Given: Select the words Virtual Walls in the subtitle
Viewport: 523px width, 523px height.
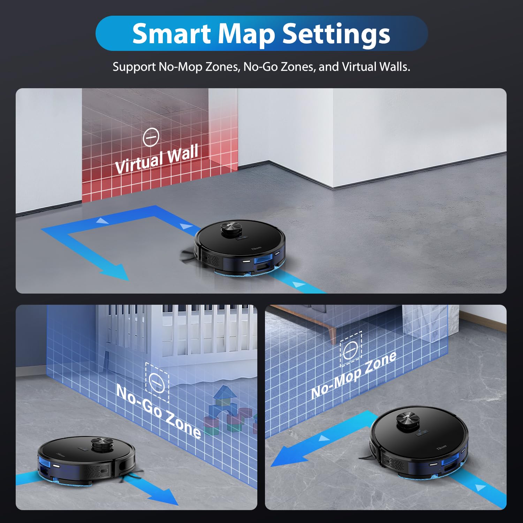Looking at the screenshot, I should click(x=376, y=67).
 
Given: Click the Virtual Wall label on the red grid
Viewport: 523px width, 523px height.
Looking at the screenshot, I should click(x=157, y=159).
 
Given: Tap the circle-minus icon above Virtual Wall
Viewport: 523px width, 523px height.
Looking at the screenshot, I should click(x=151, y=137).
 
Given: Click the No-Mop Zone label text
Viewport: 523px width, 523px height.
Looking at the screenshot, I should click(x=353, y=375).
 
